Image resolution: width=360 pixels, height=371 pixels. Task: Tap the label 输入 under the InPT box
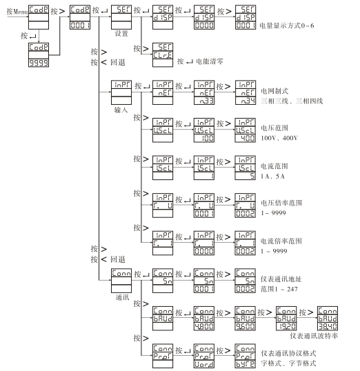point(121,109)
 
